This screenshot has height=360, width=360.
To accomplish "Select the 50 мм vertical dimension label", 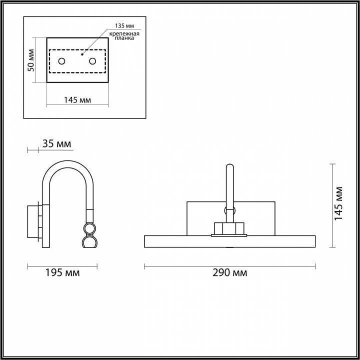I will pos(31,60).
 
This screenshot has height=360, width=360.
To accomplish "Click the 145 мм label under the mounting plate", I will pos(77,100).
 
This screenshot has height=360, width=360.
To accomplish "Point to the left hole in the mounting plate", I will pos(61,61).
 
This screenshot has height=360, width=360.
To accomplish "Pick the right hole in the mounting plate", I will pos(92,61).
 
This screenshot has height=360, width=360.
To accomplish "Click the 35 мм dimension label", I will pos(56,144).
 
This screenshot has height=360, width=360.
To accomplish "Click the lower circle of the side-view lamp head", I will pos(89,242).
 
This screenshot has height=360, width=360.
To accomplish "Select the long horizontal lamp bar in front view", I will pos(229,241).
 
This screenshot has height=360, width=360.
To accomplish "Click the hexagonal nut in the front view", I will pos(228,228).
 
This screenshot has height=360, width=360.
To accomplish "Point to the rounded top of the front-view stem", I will pos(229,166).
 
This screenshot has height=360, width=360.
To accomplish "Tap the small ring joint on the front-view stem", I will pos(229,210).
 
